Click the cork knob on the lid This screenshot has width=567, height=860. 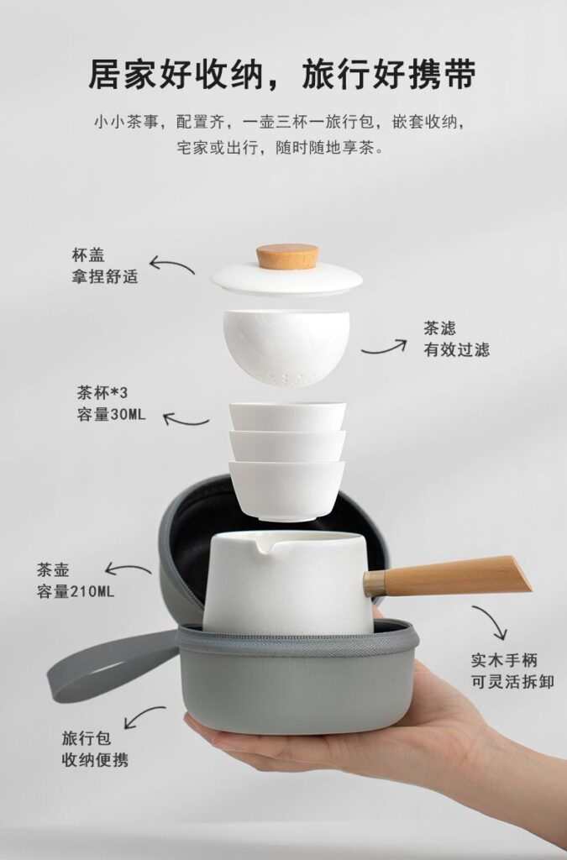[x=287, y=255]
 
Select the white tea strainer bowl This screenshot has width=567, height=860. [x=286, y=345]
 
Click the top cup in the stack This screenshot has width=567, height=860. [x=287, y=417]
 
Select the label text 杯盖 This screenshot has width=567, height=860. [x=88, y=253]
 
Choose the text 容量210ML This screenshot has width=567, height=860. [x=75, y=590]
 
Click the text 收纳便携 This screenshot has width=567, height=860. [x=95, y=760]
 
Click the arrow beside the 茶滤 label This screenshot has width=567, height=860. [x=385, y=345]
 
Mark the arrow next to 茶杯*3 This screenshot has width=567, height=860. [x=186, y=418]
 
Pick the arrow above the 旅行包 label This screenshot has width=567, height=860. [x=143, y=716]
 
